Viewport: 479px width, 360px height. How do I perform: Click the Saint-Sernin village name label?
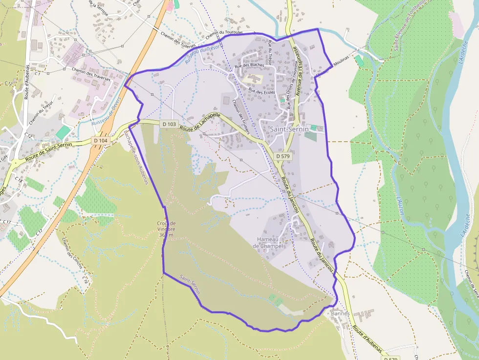tap(289, 129)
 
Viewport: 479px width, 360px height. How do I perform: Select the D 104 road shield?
tap(100, 141)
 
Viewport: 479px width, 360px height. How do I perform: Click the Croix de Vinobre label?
tap(166, 229)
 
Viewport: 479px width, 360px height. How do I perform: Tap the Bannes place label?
tap(340, 313)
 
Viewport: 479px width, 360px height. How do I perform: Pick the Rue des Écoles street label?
tap(262, 91)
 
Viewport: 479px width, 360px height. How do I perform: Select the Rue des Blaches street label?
tap(249, 65)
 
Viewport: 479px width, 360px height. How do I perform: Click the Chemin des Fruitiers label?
tap(241, 116)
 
